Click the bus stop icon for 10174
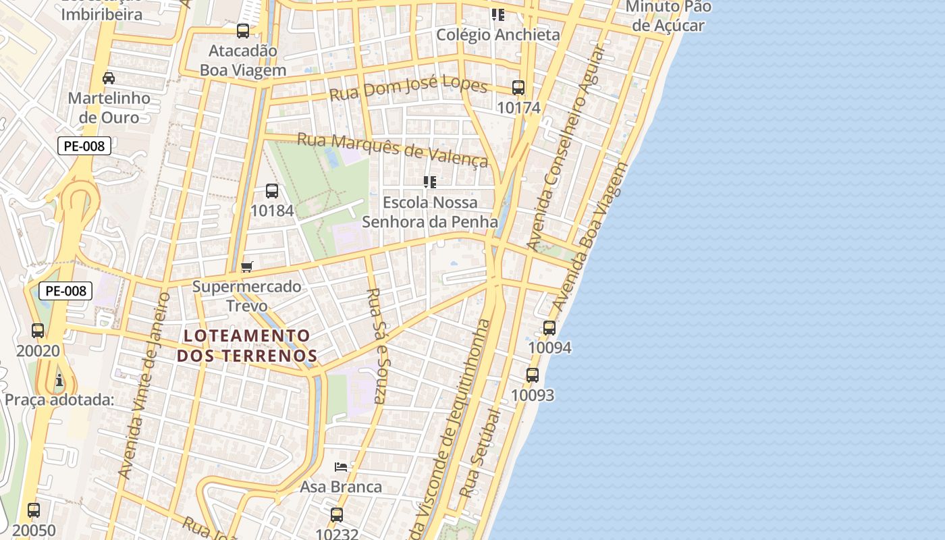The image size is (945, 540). click(518, 88)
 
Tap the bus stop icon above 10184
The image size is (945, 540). click(272, 191)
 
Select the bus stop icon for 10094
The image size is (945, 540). click(549, 328)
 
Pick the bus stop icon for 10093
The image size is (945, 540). click(533, 375)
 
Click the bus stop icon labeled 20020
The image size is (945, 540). click(38, 331)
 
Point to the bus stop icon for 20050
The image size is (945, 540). click(34, 510)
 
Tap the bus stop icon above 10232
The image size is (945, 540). click(337, 515)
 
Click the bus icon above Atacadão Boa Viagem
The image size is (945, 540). click(243, 30)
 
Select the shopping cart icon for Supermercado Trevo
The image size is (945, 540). click(247, 267)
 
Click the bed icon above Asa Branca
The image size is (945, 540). click(341, 466)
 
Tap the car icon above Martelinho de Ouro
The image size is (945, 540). click(109, 78)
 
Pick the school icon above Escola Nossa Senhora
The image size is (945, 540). click(430, 182)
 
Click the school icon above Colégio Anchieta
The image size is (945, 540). click(498, 15)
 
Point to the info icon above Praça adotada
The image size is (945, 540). click(59, 380)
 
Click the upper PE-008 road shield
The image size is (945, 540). click(84, 145)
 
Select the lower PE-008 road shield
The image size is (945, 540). click(65, 291)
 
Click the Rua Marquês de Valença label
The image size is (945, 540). click(392, 149)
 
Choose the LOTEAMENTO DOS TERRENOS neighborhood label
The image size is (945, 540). click(247, 346)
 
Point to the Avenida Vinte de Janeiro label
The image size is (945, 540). click(143, 386)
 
